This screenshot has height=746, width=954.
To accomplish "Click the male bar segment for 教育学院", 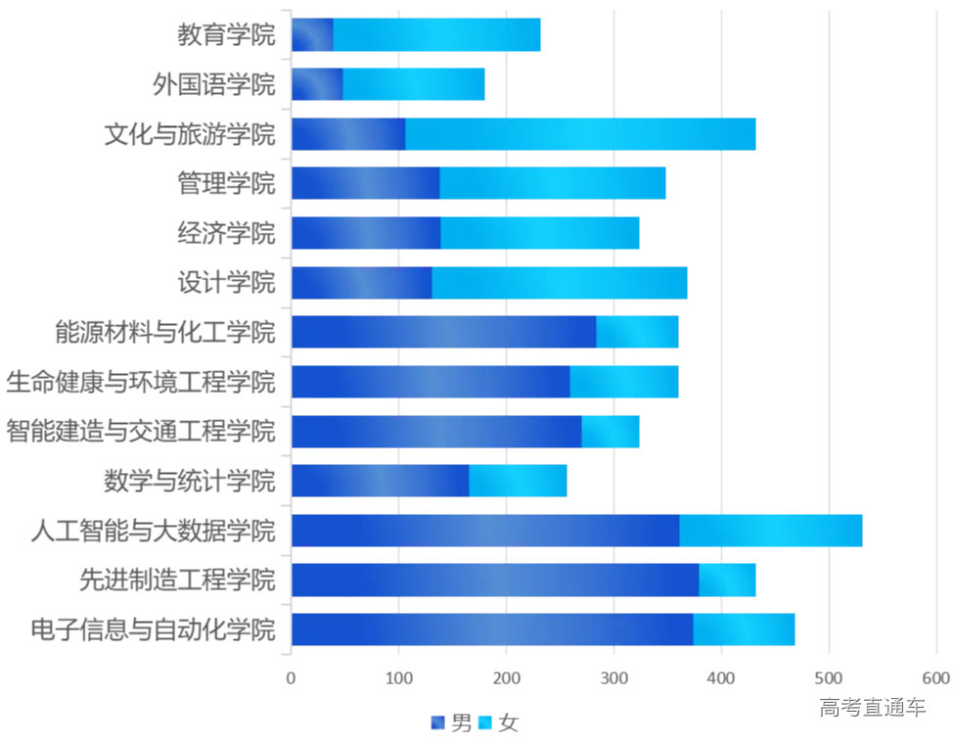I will pyautogui.click(x=312, y=35).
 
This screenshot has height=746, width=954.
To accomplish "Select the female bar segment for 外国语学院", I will pyautogui.click(x=413, y=84).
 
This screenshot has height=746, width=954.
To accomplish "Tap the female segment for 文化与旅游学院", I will pyautogui.click(x=580, y=134).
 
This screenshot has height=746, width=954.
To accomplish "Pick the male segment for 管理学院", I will pyautogui.click(x=365, y=183).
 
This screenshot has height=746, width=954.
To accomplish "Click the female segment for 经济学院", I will pyautogui.click(x=539, y=233).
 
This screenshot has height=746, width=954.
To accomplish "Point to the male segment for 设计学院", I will pyautogui.click(x=361, y=283).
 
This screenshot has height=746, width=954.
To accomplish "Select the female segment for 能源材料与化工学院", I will pyautogui.click(x=637, y=332).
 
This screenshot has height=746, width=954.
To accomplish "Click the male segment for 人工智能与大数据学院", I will pyautogui.click(x=485, y=531).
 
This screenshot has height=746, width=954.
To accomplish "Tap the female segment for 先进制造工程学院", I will pyautogui.click(x=727, y=580).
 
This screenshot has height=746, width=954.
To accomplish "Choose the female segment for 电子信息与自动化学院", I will pyautogui.click(x=744, y=629).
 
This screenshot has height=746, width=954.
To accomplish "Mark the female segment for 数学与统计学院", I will pyautogui.click(x=518, y=481).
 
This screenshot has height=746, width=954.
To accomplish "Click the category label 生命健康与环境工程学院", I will pyautogui.click(x=141, y=382).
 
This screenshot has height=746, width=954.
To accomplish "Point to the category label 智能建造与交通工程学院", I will pyautogui.click(x=141, y=431).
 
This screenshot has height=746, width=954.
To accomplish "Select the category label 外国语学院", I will pyautogui.click(x=214, y=84).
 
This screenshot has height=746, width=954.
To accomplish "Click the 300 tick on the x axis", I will pyautogui.click(x=613, y=677).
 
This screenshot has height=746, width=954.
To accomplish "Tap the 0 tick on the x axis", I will pyautogui.click(x=291, y=677).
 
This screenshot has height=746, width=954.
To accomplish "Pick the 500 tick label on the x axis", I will pyautogui.click(x=829, y=677).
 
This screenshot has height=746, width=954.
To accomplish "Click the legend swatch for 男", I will pyautogui.click(x=437, y=723).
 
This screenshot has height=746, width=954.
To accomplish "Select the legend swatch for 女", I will pyautogui.click(x=484, y=723).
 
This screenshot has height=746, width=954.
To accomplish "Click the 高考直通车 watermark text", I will pyautogui.click(x=872, y=707).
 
